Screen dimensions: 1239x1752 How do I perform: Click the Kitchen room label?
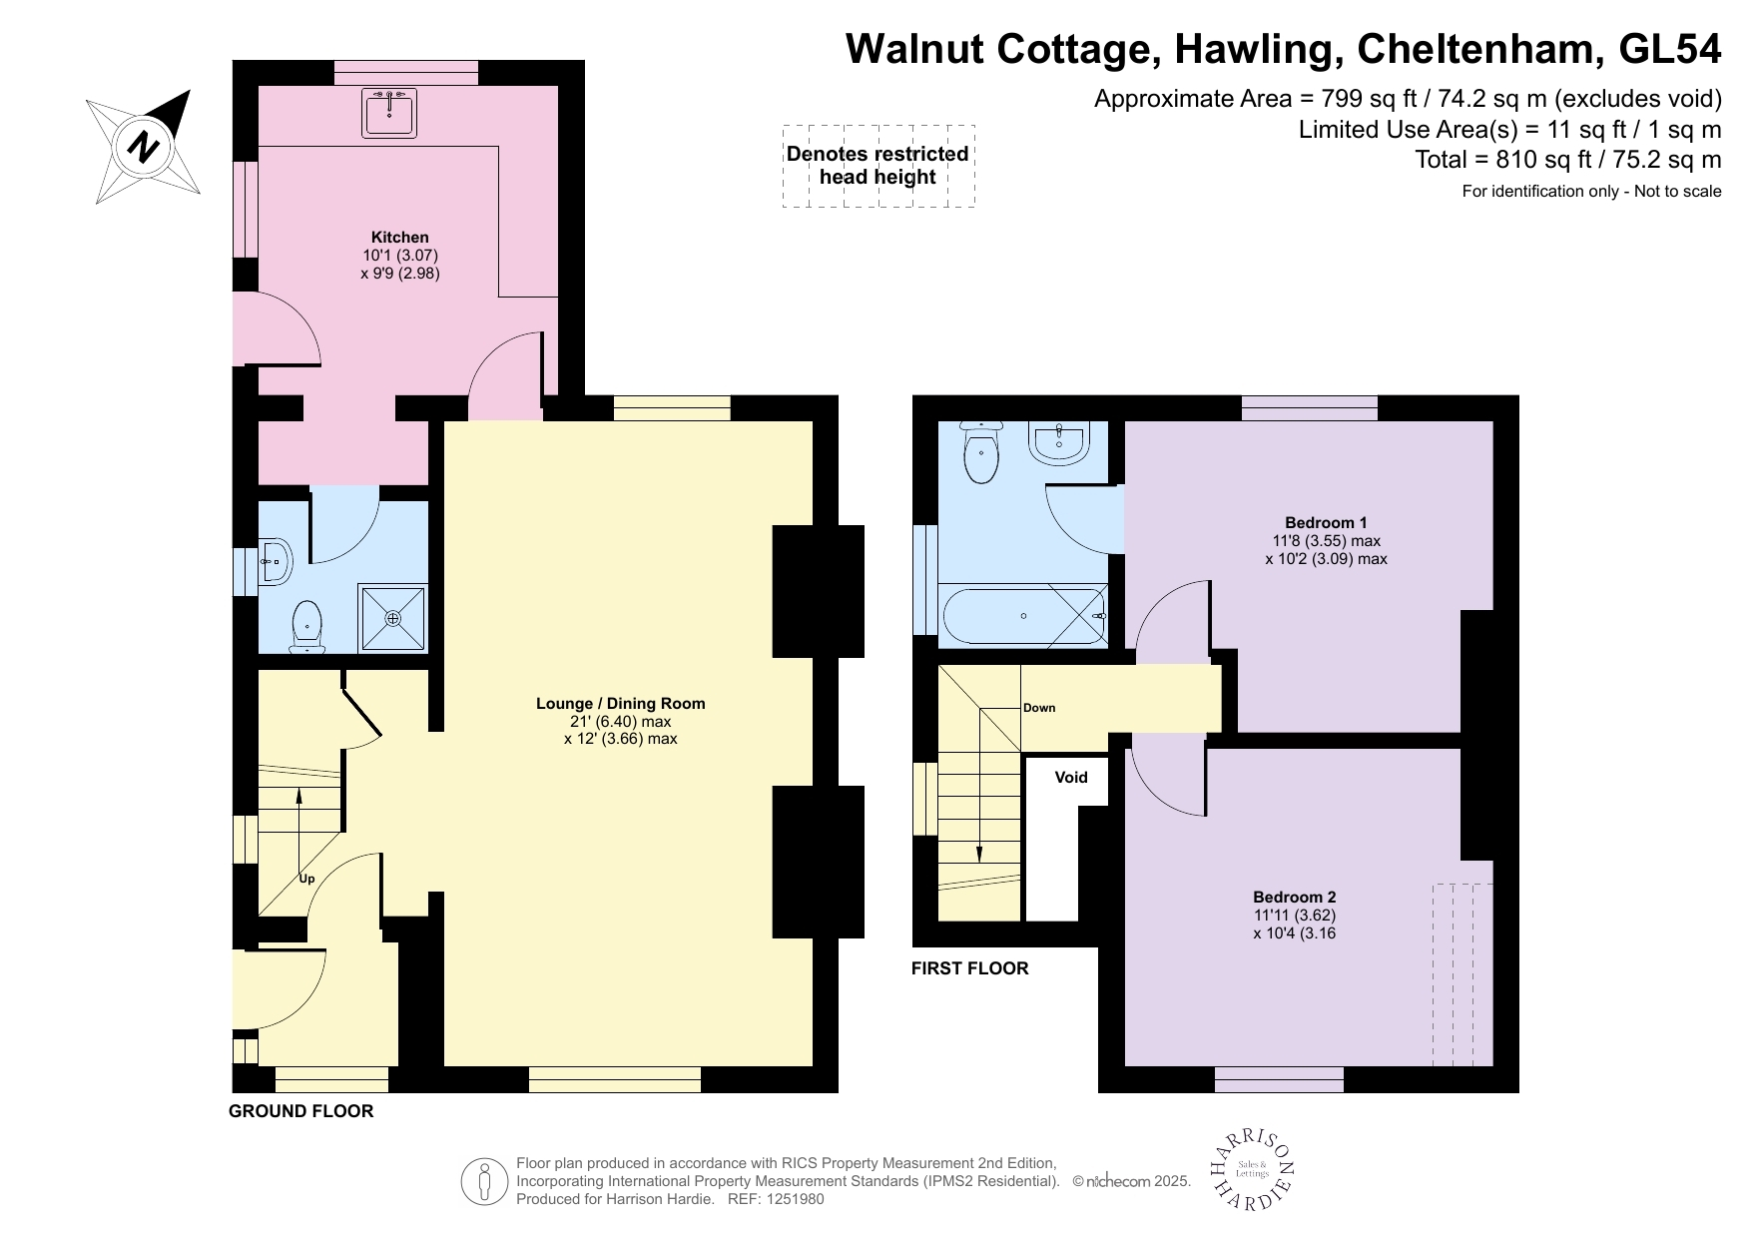pyautogui.click(x=399, y=238)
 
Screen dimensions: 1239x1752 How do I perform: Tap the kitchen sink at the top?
pyautogui.click(x=389, y=113)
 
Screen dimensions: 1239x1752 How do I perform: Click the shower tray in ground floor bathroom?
pyautogui.click(x=393, y=618)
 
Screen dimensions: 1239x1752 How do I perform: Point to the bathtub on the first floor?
pyautogui.click(x=1024, y=616)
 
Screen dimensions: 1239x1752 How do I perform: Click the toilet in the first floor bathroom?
pyautogui.click(x=981, y=453)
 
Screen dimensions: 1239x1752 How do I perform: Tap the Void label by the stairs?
pyautogui.click(x=1070, y=778)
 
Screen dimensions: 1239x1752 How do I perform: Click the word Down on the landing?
pyautogui.click(x=1038, y=708)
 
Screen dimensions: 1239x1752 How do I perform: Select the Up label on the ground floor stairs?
pyautogui.click(x=306, y=880)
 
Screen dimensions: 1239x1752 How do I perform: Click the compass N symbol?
pyautogui.click(x=144, y=147)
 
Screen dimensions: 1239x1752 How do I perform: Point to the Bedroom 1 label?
pyautogui.click(x=1325, y=523)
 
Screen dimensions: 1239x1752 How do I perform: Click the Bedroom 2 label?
pyautogui.click(x=1294, y=897)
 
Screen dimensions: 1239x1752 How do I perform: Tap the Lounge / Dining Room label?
pyautogui.click(x=620, y=704)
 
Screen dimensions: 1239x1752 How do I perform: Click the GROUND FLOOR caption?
pyautogui.click(x=300, y=1111)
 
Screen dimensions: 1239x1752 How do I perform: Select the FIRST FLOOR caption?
pyautogui.click(x=969, y=968)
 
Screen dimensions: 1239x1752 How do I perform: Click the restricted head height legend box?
pyautogui.click(x=877, y=166)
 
